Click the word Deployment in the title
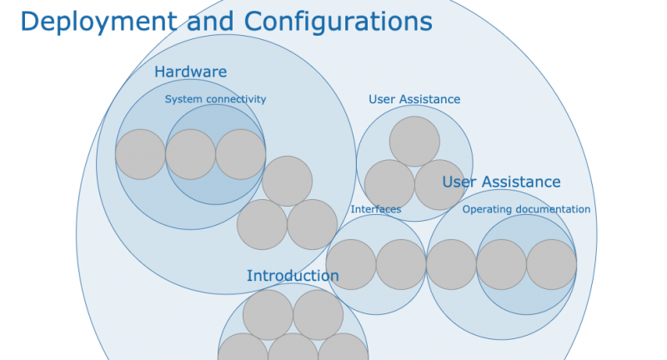(x=98, y=22)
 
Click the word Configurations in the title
(x=339, y=22)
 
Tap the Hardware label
(x=191, y=72)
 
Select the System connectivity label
(x=215, y=99)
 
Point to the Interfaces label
(x=376, y=209)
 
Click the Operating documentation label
(x=526, y=209)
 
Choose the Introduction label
(x=293, y=276)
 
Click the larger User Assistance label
(x=501, y=182)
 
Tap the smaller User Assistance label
(x=414, y=99)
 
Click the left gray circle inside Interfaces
(x=351, y=264)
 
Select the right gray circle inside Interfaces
(x=401, y=264)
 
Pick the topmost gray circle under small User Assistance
(x=414, y=142)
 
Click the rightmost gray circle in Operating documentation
(x=551, y=264)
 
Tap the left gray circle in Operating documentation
(x=501, y=264)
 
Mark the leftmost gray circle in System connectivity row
(x=140, y=154)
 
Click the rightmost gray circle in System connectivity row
(x=241, y=154)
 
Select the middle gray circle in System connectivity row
(x=191, y=154)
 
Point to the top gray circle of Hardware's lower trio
(x=287, y=181)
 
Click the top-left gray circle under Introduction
(x=268, y=315)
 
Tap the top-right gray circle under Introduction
(x=318, y=315)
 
